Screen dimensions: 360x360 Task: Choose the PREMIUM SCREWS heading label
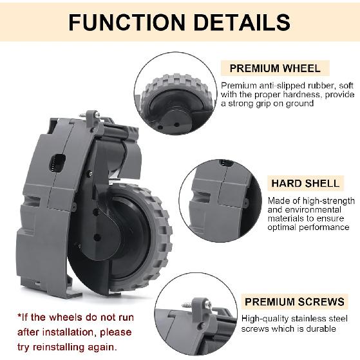(x=293, y=301)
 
